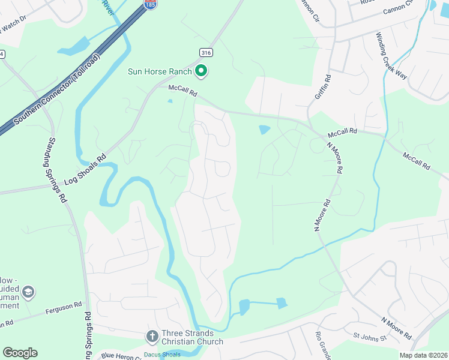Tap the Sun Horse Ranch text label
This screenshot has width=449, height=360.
click(x=160, y=72)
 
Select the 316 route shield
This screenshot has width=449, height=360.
click(x=206, y=53)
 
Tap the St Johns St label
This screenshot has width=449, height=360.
click(x=369, y=338)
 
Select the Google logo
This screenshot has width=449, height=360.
click(x=20, y=353)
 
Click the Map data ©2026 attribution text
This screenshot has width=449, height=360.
click(x=424, y=355)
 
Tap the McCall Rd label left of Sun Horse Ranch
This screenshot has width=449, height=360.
click(x=182, y=91)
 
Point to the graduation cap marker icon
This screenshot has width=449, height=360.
click(x=27, y=292)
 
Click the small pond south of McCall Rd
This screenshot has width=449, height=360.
click(x=264, y=129)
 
